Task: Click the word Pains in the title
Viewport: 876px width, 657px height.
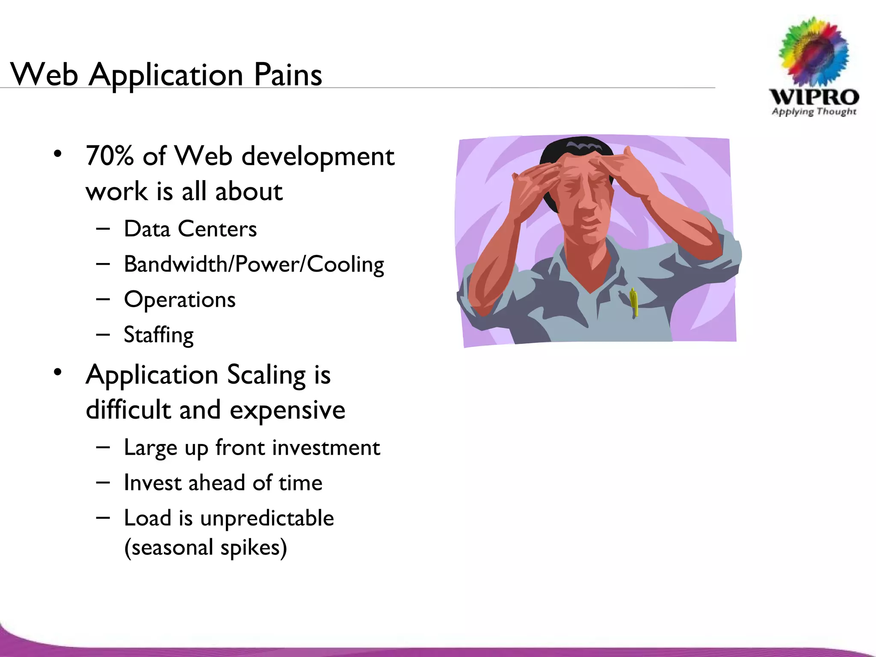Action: tap(288, 75)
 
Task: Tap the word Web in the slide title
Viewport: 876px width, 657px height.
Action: tap(44, 75)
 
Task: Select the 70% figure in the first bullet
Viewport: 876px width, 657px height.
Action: tap(109, 156)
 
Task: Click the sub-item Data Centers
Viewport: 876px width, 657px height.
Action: tap(190, 229)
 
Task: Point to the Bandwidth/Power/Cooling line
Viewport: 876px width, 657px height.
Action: tap(254, 264)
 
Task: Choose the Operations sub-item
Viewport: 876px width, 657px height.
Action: tap(180, 299)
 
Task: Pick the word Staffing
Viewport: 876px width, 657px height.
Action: tap(159, 335)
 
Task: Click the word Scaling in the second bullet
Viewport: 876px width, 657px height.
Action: tap(266, 375)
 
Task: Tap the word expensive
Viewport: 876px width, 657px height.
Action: tap(287, 410)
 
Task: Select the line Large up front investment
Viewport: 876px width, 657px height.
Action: tap(252, 448)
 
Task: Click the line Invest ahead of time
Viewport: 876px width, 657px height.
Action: tap(223, 483)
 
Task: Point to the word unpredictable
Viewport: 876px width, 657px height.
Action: tap(267, 518)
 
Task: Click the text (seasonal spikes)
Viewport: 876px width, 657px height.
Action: tap(205, 547)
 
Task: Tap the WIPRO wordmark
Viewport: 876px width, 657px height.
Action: tap(814, 97)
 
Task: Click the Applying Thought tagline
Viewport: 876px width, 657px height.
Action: tap(814, 112)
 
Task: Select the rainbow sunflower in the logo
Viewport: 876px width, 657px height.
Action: tap(814, 51)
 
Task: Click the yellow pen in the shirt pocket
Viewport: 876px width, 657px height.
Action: tap(634, 302)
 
